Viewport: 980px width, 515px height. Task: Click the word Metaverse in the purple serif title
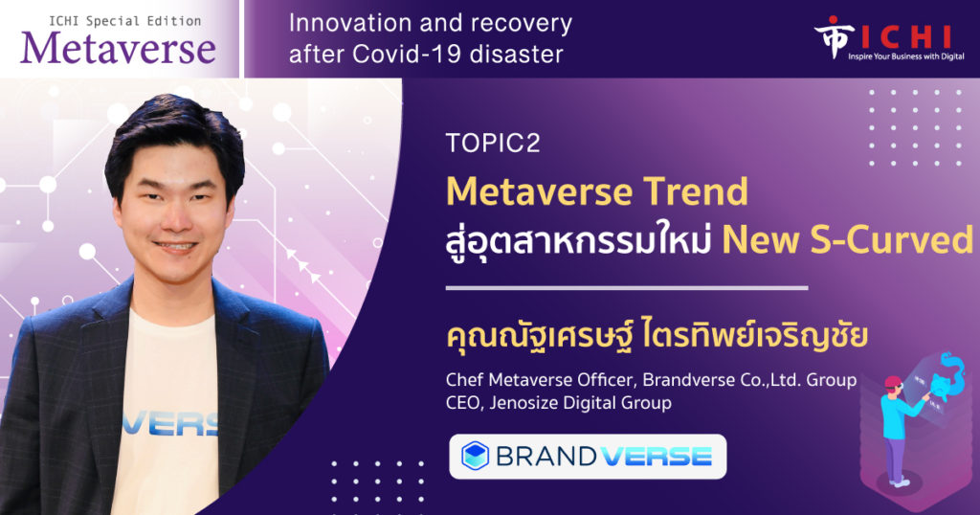tap(118, 49)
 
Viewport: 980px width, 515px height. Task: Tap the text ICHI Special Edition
tap(125, 21)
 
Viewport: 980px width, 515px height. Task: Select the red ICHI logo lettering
tap(905, 37)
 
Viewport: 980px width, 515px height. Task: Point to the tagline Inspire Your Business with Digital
tap(905, 56)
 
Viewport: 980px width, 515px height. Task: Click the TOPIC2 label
tap(493, 144)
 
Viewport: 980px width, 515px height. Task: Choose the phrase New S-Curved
tap(848, 240)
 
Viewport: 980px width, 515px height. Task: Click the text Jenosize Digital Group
tap(581, 402)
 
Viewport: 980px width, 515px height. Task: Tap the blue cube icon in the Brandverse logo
tap(475, 456)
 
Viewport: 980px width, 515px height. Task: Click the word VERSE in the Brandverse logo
tap(658, 457)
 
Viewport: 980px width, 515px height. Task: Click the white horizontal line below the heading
tap(626, 288)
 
